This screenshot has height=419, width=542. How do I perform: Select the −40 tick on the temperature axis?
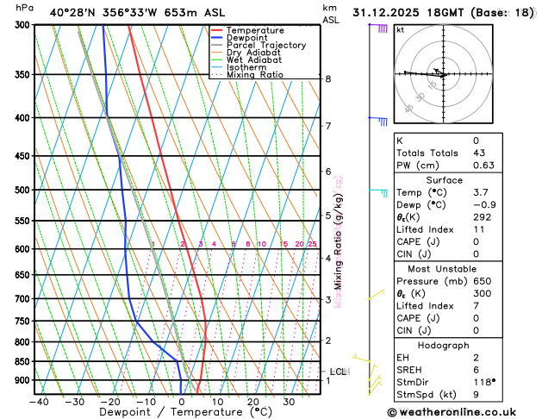(38, 402)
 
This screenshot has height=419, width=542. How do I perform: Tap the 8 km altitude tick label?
(328, 79)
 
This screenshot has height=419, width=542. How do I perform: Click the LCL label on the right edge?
(338, 372)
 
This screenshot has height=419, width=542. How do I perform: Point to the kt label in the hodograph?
(401, 29)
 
